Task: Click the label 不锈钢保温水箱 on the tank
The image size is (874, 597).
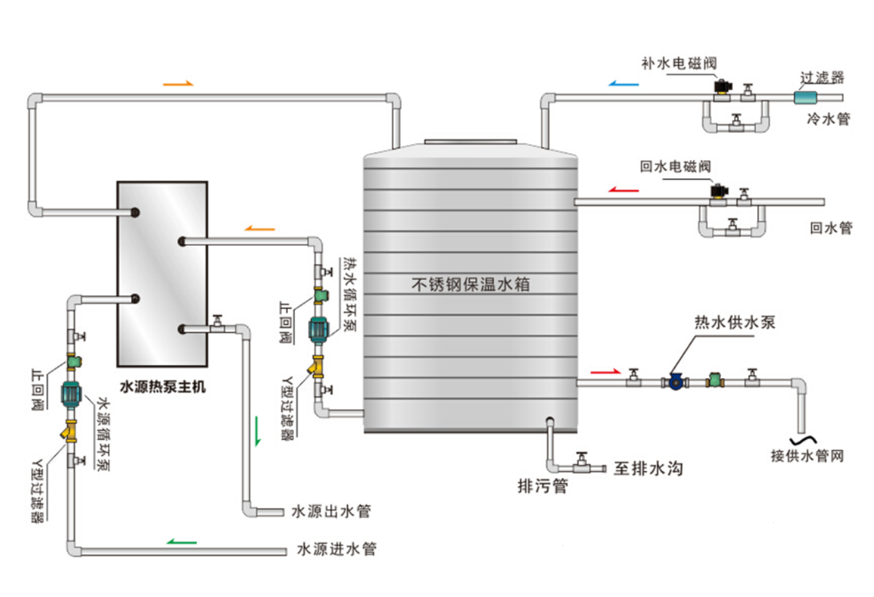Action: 471,284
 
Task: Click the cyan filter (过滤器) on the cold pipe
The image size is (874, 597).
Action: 804,98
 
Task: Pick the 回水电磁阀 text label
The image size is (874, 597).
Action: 675,167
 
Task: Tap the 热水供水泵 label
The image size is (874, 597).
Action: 735,323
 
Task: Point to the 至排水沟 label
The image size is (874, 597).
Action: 648,469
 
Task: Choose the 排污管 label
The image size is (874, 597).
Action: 543,486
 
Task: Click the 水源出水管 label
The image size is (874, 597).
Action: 331,512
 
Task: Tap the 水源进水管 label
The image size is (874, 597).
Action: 337,550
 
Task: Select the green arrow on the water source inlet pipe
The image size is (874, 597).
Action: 182,542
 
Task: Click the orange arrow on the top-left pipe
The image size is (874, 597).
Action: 178,84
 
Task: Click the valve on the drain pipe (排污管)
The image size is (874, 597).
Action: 583,465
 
